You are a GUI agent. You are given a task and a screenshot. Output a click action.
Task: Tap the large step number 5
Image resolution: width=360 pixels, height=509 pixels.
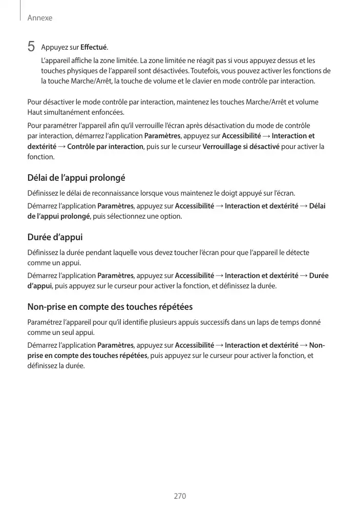pos(31,47)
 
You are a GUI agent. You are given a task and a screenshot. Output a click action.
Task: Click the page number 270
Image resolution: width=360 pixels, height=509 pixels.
pos(180,496)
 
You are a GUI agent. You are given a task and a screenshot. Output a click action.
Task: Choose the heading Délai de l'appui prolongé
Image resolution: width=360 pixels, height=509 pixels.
pos(76,178)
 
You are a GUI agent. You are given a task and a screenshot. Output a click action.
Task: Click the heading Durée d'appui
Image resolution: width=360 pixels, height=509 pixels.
pos(55,238)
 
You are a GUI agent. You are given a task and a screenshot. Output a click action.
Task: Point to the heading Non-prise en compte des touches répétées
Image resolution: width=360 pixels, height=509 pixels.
pos(110,307)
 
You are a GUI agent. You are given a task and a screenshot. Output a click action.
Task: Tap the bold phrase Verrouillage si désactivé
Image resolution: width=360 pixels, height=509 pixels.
pos(241,147)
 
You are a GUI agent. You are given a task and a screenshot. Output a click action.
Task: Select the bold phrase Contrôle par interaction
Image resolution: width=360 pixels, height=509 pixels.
pos(105,147)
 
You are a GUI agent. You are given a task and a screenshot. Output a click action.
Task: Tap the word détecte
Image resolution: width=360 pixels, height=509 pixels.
pos(296,252)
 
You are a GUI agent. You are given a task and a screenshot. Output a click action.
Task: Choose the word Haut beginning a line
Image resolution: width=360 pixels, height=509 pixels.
pos(35,112)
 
